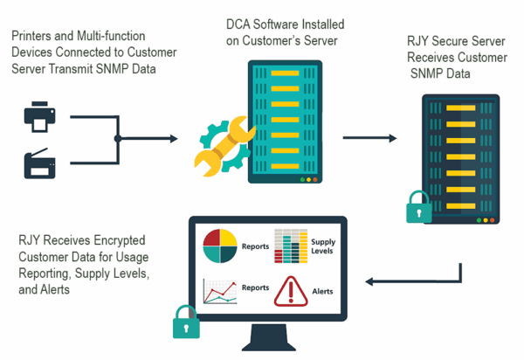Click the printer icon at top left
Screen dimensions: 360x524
click(39, 117)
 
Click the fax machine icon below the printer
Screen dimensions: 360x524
click(39, 162)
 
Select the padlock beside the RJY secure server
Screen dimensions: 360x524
click(419, 211)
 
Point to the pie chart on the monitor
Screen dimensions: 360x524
click(220, 247)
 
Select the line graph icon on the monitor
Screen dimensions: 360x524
click(220, 291)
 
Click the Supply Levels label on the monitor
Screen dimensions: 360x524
click(324, 246)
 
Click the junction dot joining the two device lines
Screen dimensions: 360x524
click(117, 138)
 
